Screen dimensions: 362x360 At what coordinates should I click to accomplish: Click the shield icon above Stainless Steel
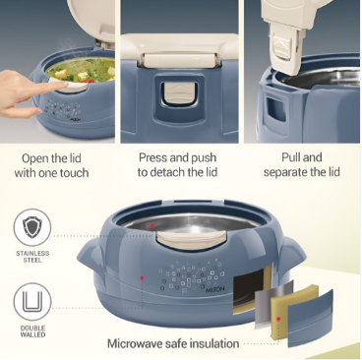(x=32, y=227)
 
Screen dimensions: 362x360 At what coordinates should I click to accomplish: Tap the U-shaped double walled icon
(x=32, y=302)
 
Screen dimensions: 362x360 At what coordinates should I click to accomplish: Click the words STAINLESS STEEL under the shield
(x=32, y=257)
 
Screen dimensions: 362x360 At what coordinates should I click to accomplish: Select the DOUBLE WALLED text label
(x=32, y=331)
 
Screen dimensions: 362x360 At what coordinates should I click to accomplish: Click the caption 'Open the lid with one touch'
(x=51, y=165)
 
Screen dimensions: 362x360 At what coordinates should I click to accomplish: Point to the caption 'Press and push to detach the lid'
(x=177, y=165)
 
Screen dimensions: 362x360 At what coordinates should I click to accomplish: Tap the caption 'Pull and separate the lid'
(x=301, y=165)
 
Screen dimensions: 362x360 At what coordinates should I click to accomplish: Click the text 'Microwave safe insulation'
(x=173, y=344)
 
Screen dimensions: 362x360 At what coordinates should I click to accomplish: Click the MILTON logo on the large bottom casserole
(x=215, y=289)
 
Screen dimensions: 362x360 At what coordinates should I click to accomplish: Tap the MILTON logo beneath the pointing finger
(x=76, y=120)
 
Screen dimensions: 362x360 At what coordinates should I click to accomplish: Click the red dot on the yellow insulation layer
(x=278, y=319)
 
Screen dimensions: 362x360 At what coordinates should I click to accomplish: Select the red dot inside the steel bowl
(x=151, y=226)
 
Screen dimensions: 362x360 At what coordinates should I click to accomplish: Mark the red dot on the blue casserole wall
(x=142, y=277)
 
